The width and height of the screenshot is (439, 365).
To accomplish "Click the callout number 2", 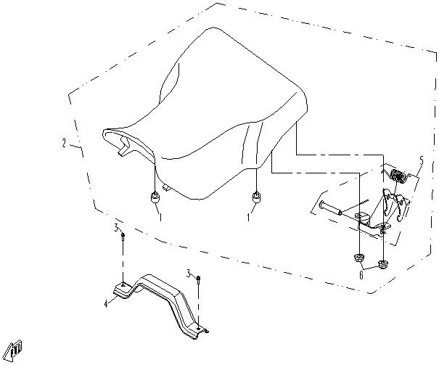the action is (x=65, y=143).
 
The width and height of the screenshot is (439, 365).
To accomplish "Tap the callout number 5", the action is (x=422, y=160).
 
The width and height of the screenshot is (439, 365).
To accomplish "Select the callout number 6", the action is (x=361, y=275).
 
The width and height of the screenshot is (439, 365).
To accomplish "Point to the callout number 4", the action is (x=106, y=304).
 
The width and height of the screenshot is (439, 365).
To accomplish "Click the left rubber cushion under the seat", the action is (x=155, y=197).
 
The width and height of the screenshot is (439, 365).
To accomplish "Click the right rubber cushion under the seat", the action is (x=256, y=197).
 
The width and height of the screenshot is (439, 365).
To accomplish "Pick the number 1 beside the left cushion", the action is (x=160, y=217).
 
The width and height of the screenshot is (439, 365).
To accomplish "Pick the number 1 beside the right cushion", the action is (x=248, y=217).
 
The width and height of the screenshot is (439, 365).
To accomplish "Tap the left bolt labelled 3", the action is (x=123, y=237).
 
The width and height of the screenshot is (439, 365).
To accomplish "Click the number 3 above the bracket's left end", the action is (x=116, y=228).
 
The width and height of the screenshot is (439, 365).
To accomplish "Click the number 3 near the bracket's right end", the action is (x=189, y=273).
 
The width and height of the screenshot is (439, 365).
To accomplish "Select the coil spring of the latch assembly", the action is (x=398, y=176).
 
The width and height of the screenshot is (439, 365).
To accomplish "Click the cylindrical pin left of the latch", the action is (x=330, y=208).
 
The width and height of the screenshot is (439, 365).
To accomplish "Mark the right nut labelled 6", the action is (x=382, y=264).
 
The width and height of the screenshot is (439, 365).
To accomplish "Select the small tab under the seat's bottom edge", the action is (x=166, y=187).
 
